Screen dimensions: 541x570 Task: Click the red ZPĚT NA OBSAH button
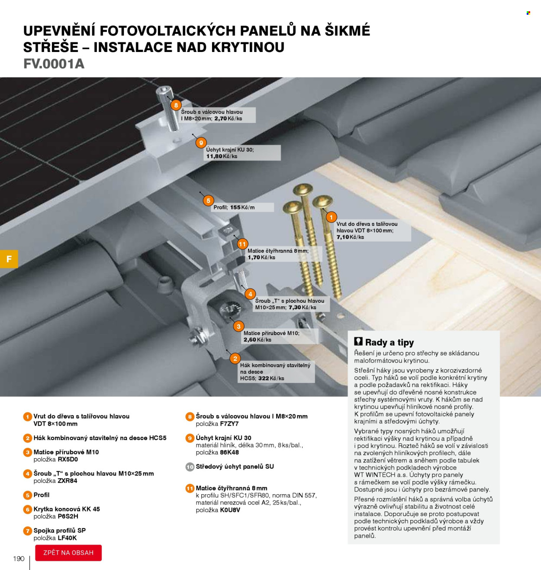[x=68, y=553]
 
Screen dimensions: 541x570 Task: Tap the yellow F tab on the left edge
[x=9, y=259]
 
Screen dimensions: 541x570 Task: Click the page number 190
[x=19, y=558]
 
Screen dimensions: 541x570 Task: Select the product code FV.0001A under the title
[x=54, y=64]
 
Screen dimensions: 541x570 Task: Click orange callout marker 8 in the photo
[x=176, y=105]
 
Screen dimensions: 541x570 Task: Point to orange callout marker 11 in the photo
[x=242, y=244]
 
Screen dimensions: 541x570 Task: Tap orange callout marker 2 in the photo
[x=235, y=359]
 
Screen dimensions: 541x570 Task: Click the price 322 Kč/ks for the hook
[x=271, y=379]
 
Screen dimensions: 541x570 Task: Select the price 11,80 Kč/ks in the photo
[x=222, y=156]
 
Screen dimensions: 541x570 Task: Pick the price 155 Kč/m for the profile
[x=242, y=207]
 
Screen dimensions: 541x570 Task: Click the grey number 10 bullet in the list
[x=190, y=467]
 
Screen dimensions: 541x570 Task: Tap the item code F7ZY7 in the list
[x=229, y=424]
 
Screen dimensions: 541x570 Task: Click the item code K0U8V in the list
[x=230, y=510]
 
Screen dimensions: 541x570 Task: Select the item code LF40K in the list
[x=67, y=538]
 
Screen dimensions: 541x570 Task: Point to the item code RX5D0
[x=68, y=459]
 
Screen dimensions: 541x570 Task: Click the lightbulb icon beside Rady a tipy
[x=358, y=341]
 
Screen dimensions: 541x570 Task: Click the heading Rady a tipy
[x=390, y=342]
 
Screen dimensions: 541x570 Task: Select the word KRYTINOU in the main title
[x=248, y=47]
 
